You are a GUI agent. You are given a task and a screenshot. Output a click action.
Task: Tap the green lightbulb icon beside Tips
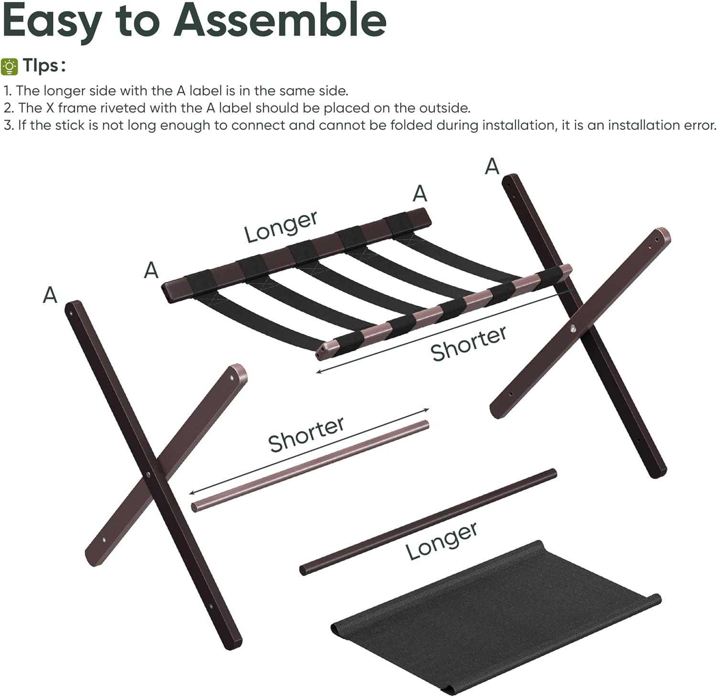[x=10, y=66]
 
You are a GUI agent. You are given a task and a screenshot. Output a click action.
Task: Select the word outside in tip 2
[x=444, y=108]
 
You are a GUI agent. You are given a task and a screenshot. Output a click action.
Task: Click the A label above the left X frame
[x=50, y=295]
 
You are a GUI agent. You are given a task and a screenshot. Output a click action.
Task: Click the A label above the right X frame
[x=492, y=167]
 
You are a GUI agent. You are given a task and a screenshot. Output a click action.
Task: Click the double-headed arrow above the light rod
[x=310, y=451]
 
